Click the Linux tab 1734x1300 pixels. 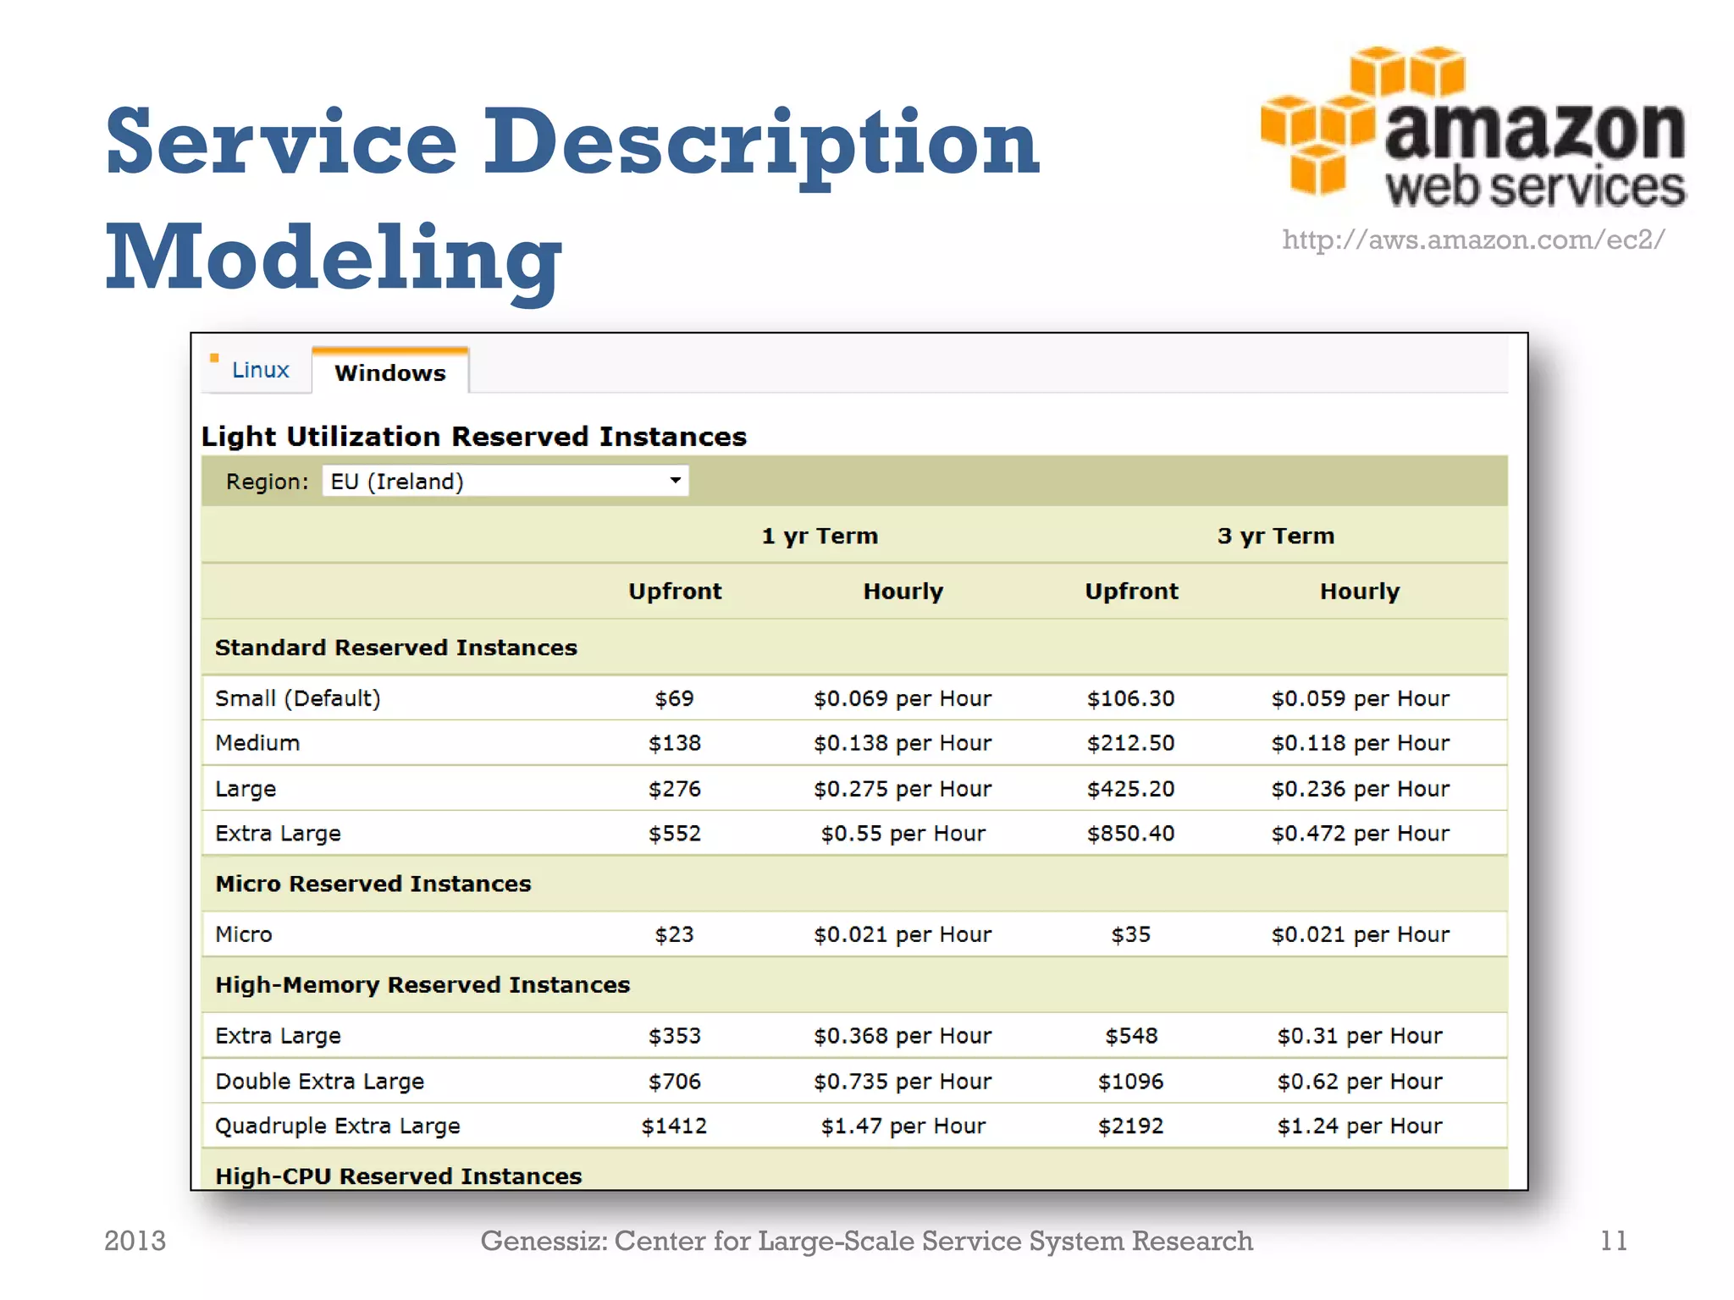click(260, 370)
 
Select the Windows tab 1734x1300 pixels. click(389, 372)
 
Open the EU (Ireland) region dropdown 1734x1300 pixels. click(505, 481)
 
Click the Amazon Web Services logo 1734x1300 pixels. click(1473, 127)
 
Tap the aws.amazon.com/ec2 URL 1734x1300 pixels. click(1473, 240)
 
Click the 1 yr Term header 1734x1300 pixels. click(820, 536)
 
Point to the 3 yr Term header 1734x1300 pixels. click(1275, 536)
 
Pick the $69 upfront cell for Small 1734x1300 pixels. click(674, 698)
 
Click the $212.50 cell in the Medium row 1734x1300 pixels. click(1130, 743)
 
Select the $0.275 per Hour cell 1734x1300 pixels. click(903, 789)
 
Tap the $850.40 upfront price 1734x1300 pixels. click(1130, 834)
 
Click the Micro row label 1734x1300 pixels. click(244, 934)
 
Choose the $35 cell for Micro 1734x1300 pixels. click(1130, 934)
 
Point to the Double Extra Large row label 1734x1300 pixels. click(319, 1082)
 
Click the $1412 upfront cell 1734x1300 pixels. click(674, 1126)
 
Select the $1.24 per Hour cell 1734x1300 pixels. click(1360, 1126)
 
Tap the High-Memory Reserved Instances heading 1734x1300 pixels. click(422, 985)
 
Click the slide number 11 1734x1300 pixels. click(1613, 1241)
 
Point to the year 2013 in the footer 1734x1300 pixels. click(135, 1241)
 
